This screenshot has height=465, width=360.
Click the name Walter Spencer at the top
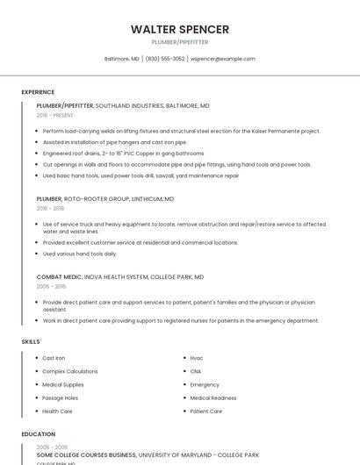click(179, 29)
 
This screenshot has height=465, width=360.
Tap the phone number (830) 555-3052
click(165, 59)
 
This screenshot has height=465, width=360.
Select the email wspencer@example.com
click(223, 59)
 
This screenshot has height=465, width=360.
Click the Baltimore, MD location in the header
click(122, 59)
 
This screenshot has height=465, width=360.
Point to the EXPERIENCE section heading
click(38, 92)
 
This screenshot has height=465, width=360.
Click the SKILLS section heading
click(30, 341)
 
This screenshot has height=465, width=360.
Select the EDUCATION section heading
click(38, 433)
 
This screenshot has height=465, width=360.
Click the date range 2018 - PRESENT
click(54, 115)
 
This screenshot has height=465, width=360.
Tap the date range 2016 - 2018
click(50, 209)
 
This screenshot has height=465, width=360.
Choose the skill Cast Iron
click(54, 358)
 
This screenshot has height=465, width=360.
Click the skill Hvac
click(197, 358)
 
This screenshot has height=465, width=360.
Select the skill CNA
click(196, 371)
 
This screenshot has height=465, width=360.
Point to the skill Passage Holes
click(60, 397)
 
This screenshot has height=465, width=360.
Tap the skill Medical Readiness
click(212, 397)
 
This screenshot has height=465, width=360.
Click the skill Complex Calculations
click(69, 371)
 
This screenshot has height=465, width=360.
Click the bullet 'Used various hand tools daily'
click(79, 254)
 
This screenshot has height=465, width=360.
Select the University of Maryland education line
click(148, 455)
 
